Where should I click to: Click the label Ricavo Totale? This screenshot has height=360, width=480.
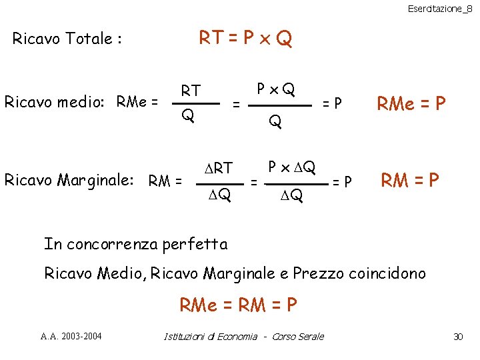[x=67, y=39]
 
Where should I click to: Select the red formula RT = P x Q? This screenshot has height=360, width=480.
[x=245, y=39]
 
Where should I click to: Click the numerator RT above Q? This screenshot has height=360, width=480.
[x=191, y=90]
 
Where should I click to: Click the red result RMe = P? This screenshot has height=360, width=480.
[x=411, y=103]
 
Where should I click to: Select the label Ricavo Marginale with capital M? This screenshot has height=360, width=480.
[x=74, y=179]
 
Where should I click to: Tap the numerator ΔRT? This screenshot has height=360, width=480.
[x=218, y=168]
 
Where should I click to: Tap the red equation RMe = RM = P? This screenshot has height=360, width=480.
[x=238, y=305]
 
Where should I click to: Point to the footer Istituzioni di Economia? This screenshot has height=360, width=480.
[x=210, y=336]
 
